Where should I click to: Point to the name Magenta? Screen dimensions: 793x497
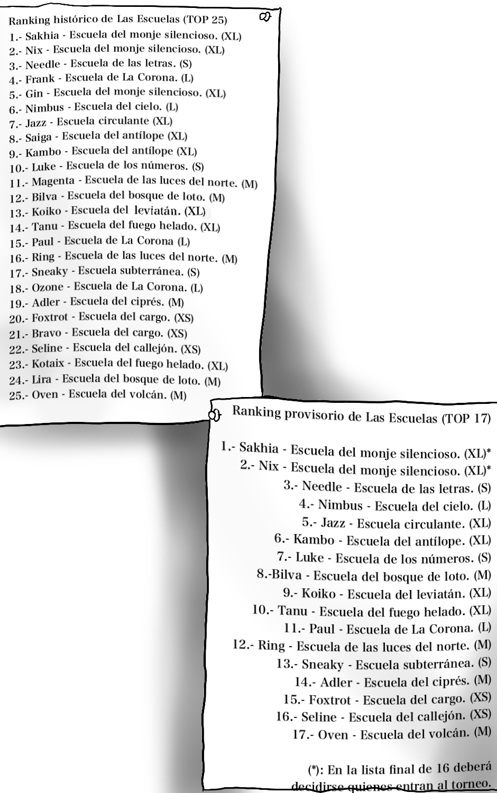coord(53,182)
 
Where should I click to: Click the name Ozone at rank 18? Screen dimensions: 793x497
coord(47,288)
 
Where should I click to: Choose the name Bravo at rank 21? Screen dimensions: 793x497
coord(46,334)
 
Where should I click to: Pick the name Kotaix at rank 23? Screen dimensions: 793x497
coord(50,364)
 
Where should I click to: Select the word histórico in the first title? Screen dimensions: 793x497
coord(73,21)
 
